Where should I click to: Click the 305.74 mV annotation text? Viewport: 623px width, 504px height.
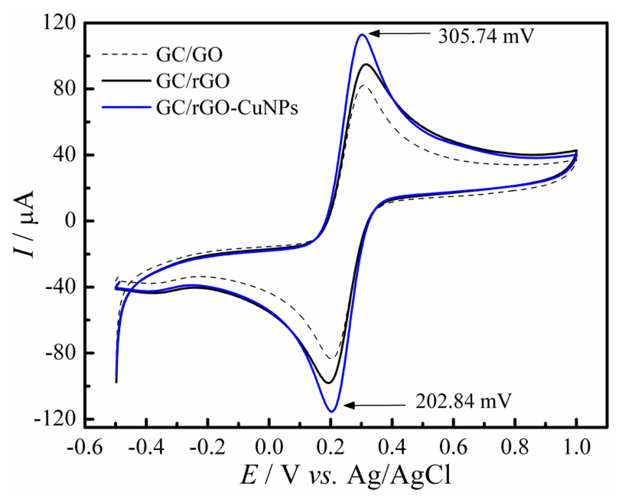point(486,37)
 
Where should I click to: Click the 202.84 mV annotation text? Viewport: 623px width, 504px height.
point(463,401)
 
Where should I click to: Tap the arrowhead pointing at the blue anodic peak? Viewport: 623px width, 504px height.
point(373,33)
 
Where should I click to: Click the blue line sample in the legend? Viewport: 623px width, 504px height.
point(126,107)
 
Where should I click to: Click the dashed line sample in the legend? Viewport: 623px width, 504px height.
point(126,54)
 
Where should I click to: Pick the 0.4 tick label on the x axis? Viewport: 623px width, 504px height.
point(392,447)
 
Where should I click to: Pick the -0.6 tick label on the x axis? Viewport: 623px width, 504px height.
point(85,447)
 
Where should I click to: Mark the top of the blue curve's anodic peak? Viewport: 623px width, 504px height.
point(361,34)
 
